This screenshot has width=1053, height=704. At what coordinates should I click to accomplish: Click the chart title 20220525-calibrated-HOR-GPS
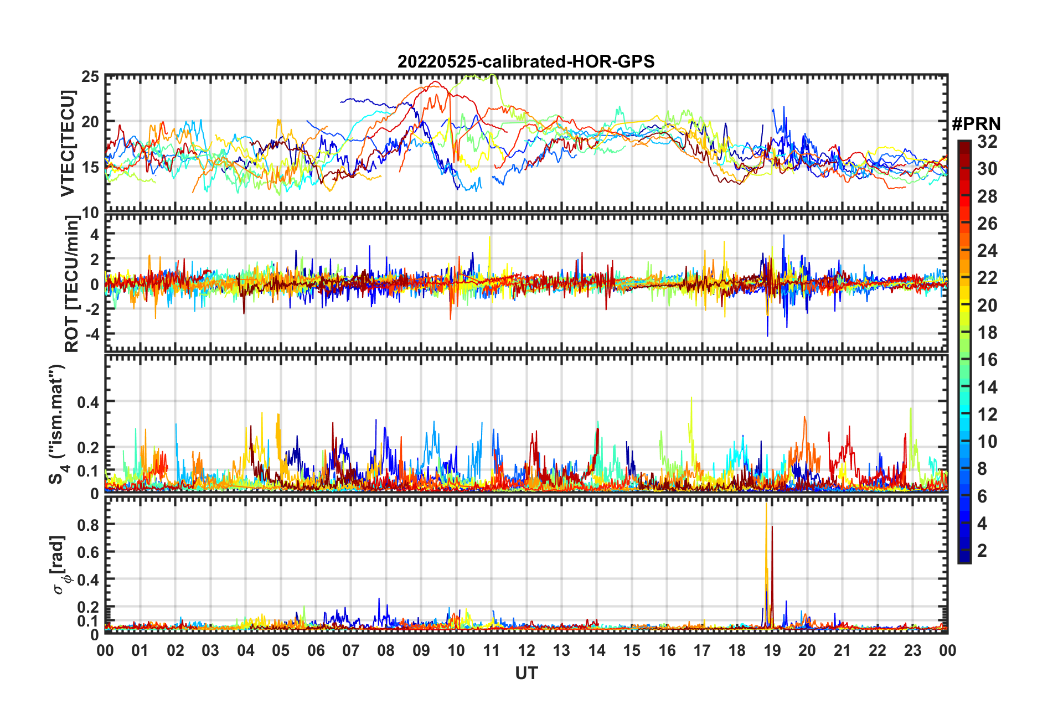point(526,61)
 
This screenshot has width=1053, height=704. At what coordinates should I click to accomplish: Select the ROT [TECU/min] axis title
point(71,284)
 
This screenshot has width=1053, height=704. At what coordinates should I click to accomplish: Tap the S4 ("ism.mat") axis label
point(58,424)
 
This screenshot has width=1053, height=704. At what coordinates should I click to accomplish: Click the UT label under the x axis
point(526,673)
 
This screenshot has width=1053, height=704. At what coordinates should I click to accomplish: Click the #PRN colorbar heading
point(976,124)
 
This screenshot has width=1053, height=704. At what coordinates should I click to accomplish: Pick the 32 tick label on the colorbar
point(987,142)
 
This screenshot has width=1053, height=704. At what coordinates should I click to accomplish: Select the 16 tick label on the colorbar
point(987,360)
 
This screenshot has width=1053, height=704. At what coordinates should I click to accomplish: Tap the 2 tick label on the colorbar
point(983,550)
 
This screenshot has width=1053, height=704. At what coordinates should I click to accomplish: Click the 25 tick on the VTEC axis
point(90,77)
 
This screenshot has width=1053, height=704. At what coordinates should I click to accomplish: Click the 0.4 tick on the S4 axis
point(88,402)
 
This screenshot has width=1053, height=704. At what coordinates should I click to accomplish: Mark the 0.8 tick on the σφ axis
point(88,525)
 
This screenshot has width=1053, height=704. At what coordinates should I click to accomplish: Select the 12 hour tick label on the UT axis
point(526,650)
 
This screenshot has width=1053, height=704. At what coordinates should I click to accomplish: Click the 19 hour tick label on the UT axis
point(772,650)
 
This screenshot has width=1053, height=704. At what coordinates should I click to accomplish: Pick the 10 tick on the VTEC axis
point(90,213)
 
